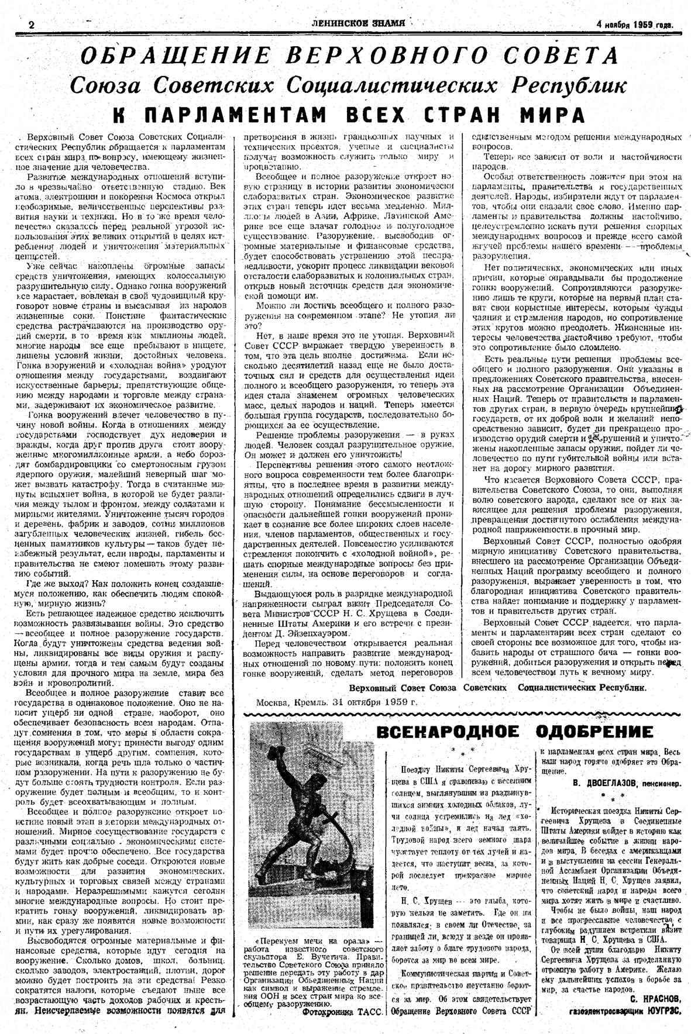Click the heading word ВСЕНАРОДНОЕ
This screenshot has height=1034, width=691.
[x=448, y=732]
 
